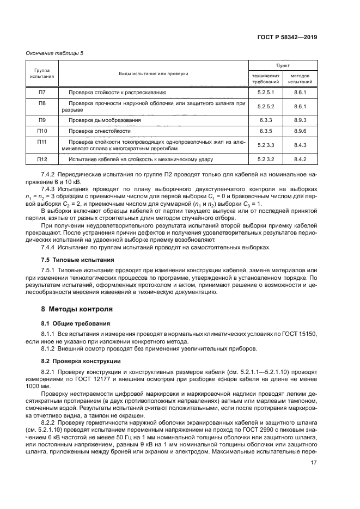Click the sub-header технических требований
point(265,78)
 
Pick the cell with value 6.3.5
point(265,131)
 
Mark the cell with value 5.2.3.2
point(265,160)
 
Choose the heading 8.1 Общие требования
point(72,323)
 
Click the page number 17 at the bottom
point(313,479)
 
